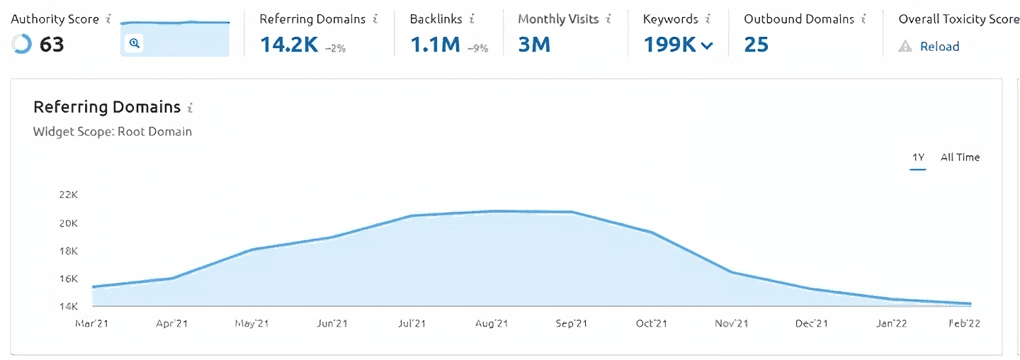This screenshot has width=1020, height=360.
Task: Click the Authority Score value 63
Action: pyautogui.click(x=52, y=45)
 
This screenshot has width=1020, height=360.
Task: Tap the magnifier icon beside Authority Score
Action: pyautogui.click(x=134, y=44)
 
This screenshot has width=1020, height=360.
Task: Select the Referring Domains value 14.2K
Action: pyautogui.click(x=289, y=45)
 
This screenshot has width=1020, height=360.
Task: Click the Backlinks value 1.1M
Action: pyautogui.click(x=435, y=45)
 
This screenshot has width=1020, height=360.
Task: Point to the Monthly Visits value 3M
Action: pyautogui.click(x=534, y=45)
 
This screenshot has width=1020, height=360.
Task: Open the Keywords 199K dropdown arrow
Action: pyautogui.click(x=707, y=46)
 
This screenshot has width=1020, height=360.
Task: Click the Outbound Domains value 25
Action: pyautogui.click(x=756, y=45)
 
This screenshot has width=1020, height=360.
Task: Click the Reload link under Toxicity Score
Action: pyautogui.click(x=939, y=47)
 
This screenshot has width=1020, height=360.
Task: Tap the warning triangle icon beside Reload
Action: pyautogui.click(x=905, y=47)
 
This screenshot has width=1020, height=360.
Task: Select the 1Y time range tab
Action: pyautogui.click(x=918, y=157)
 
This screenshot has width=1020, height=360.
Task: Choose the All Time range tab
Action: pyautogui.click(x=960, y=157)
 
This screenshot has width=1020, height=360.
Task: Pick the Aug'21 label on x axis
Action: pyautogui.click(x=492, y=324)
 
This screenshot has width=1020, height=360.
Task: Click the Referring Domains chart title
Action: pyautogui.click(x=107, y=107)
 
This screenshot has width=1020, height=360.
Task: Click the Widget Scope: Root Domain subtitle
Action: pyautogui.click(x=113, y=131)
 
